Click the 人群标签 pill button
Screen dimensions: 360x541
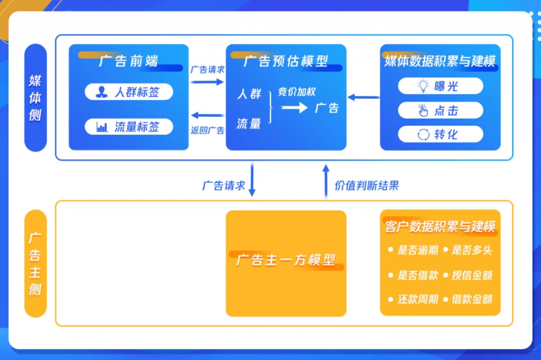129,92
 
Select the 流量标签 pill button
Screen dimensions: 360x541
129,127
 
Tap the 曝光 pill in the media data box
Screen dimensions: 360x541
440,86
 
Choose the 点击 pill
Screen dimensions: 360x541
440,110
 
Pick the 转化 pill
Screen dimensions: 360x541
440,134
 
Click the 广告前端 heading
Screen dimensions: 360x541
128,61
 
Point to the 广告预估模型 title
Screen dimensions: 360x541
286,61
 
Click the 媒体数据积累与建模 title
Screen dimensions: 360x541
440,61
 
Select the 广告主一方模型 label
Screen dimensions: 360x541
286,260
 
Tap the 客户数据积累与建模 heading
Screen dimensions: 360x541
440,226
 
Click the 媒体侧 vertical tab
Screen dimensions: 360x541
35,98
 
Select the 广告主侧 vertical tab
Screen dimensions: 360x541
35,263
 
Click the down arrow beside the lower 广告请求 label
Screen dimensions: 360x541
252,179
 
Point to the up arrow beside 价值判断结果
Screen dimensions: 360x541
326,181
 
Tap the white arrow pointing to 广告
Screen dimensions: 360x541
294,108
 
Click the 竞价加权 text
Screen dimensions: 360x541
297,92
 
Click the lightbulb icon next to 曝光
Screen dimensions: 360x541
423,86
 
